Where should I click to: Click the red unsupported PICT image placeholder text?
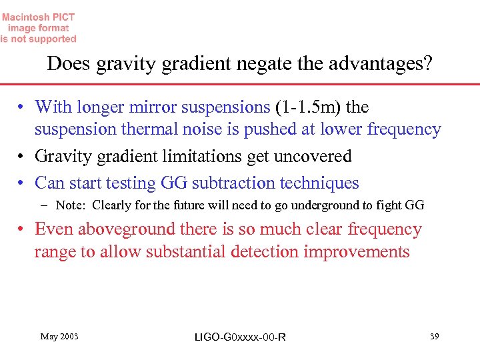click(x=38, y=28)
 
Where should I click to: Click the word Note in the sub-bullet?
click(x=71, y=205)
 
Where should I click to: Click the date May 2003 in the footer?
click(x=59, y=337)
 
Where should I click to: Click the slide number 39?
click(x=434, y=337)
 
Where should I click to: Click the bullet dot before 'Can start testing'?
click(x=23, y=183)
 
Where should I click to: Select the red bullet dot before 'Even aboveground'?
click(x=23, y=230)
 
